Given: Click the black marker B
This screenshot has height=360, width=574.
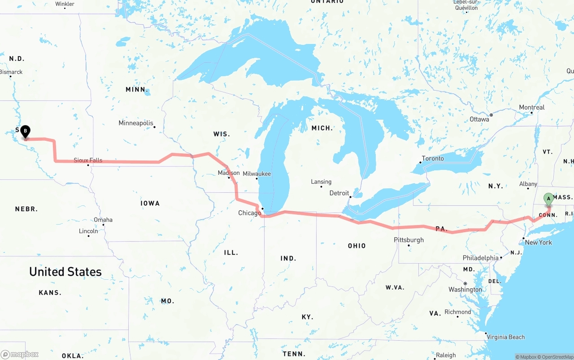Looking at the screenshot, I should (26, 131).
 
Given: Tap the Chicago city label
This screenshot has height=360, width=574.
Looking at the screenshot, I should (249, 213).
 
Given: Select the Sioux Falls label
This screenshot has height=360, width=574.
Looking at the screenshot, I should (88, 160).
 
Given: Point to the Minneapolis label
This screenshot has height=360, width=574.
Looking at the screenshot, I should (136, 123).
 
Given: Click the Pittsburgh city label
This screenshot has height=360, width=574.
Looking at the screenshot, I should (409, 240).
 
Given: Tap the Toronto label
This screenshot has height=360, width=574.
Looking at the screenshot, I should (433, 158).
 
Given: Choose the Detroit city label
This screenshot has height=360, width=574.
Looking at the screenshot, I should (339, 193).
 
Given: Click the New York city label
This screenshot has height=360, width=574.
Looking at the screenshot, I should (538, 242).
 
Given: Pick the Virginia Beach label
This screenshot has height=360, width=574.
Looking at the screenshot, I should (505, 337).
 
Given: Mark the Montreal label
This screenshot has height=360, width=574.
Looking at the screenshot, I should (531, 108).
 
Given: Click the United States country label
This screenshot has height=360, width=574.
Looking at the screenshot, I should (65, 272).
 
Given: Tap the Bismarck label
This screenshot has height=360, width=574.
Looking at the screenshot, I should (11, 72).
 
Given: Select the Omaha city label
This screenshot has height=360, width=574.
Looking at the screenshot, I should (103, 220).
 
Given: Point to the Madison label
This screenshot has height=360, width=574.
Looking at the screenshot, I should (229, 173).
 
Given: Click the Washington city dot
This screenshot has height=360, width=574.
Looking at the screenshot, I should (465, 283).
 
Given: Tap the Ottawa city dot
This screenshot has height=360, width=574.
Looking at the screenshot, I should (491, 115).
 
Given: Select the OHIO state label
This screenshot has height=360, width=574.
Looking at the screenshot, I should (357, 246).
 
